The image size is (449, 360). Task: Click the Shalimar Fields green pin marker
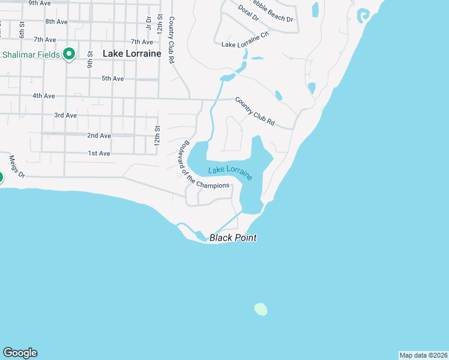tap(69, 54)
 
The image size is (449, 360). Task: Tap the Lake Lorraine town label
tap(132, 53)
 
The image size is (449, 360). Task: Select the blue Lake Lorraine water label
tap(231, 172)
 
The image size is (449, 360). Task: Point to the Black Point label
tap(233, 238)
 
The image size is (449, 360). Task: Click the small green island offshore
tap(261, 309)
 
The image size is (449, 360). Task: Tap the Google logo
tap(20, 353)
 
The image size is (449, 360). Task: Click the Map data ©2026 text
tap(423, 355)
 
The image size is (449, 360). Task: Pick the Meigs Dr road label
tap(17, 167)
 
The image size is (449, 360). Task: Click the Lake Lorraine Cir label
tap(245, 44)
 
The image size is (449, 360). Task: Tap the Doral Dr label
tap(248, 13)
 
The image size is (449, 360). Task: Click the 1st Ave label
tap(99, 154)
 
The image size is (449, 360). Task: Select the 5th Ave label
tap(112, 79)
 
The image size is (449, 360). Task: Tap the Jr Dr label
tap(148, 23)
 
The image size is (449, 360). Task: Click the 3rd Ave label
tap(65, 115)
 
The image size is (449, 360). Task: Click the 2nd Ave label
tap(99, 136)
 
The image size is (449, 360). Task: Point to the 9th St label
tap(89, 60)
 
